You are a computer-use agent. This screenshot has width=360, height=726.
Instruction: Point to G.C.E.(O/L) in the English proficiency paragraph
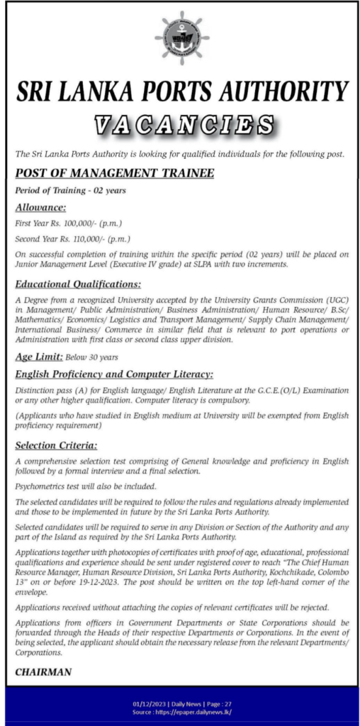[x=269, y=391]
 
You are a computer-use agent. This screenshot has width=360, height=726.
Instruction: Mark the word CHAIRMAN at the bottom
[x=43, y=672]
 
